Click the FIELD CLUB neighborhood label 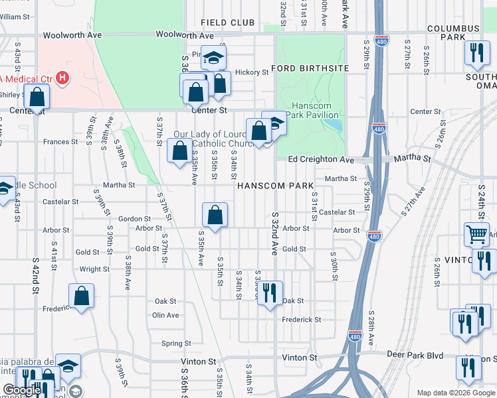(227, 23)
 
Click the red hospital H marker (62, 78)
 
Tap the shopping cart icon (476, 233)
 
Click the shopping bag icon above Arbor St (215, 214)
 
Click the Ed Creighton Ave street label (321, 160)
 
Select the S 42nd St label (34, 283)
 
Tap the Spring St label (176, 344)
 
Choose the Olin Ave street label (165, 315)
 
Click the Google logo (23, 390)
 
